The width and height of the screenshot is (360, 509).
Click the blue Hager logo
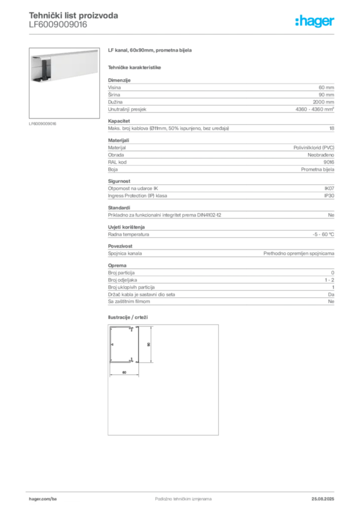tap(315, 21)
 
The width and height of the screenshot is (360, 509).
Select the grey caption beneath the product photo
tap(44, 123)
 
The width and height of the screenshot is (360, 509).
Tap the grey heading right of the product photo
tap(150, 51)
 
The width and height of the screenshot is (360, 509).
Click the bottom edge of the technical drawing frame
tap(162, 436)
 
